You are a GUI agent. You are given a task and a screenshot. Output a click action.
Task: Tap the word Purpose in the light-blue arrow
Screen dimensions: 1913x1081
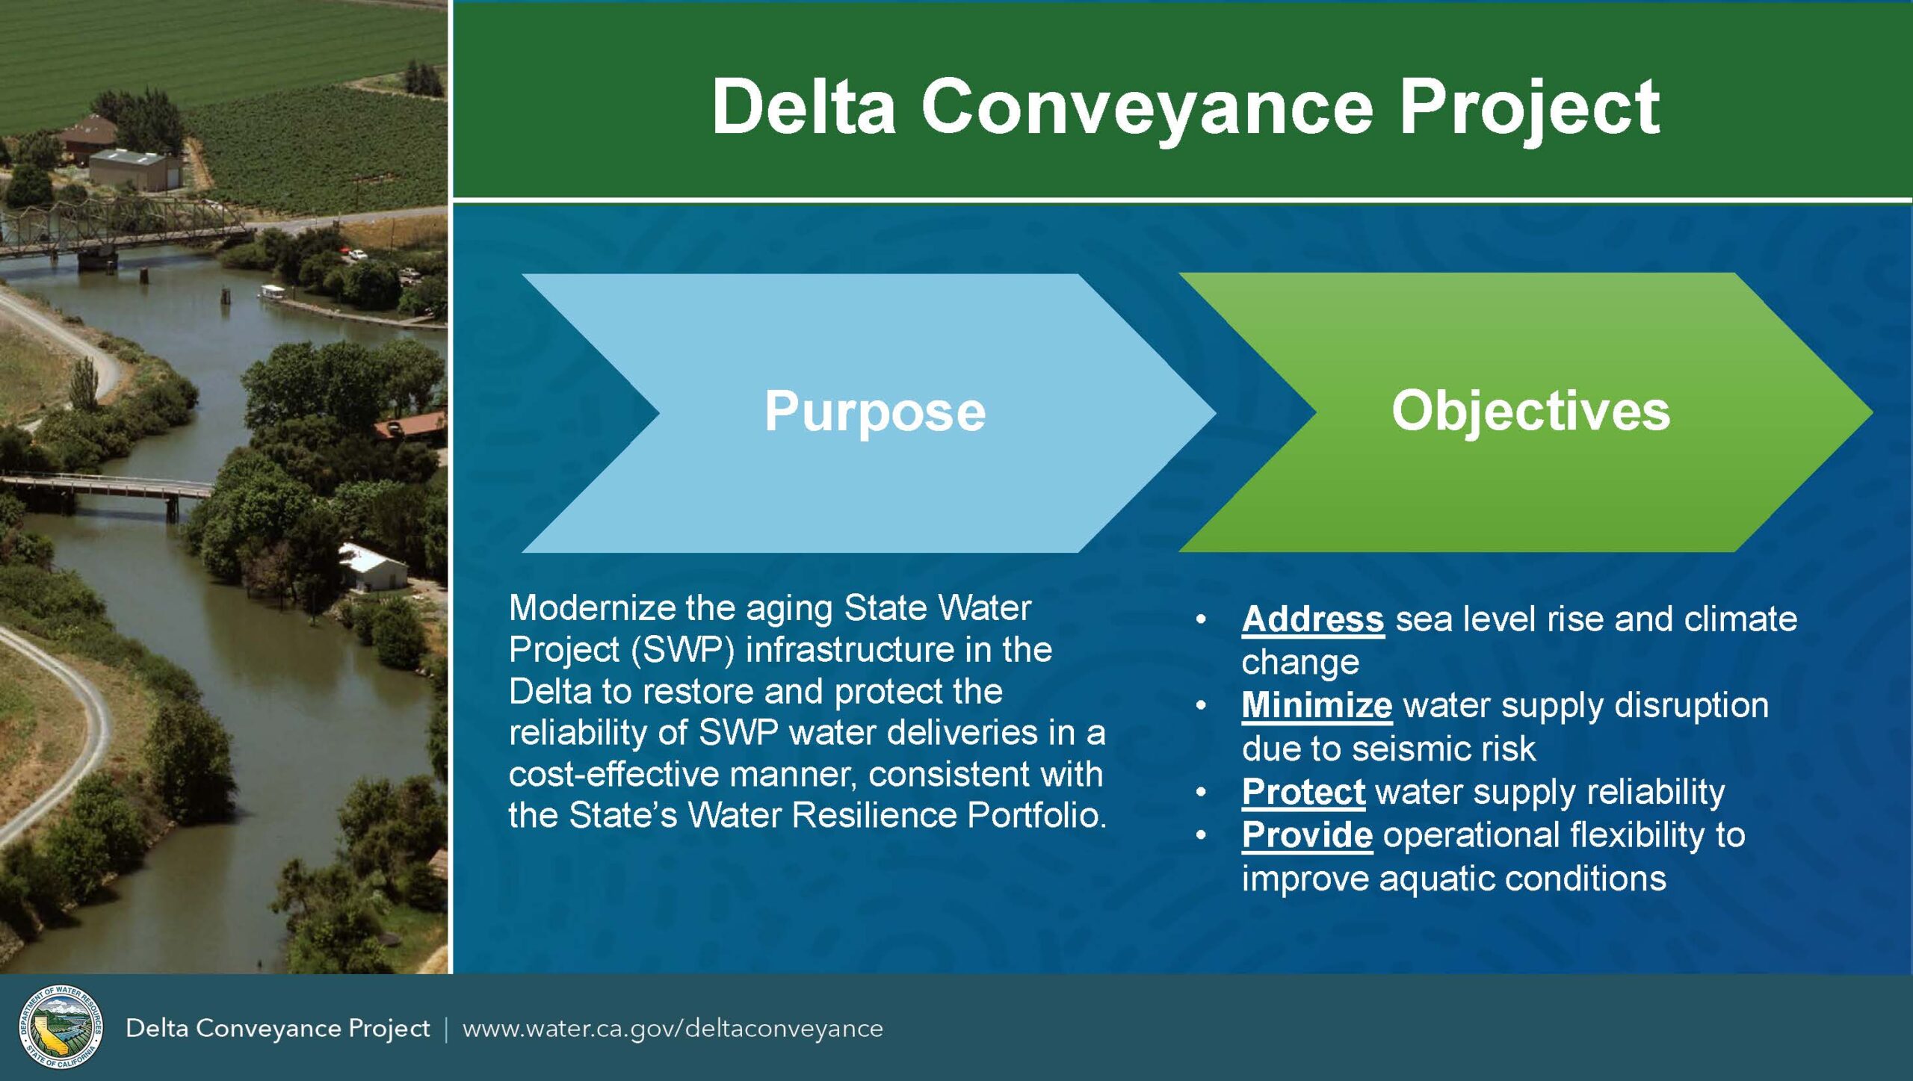875,412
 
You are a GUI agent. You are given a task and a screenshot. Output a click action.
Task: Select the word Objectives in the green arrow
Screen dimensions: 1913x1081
1530,412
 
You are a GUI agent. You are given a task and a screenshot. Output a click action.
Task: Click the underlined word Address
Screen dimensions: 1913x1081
1313,620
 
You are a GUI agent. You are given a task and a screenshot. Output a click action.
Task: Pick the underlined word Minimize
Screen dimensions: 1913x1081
1317,706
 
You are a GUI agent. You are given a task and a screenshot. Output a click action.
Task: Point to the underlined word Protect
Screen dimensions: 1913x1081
1303,793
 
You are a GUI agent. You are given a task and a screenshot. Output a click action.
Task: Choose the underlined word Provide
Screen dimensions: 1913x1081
1307,835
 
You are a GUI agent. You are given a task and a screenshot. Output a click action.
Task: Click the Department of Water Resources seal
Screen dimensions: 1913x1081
61,1026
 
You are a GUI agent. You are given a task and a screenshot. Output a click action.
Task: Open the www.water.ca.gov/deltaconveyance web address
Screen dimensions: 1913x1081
673,1029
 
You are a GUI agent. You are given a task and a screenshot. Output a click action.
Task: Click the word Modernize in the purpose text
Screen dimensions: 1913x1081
593,608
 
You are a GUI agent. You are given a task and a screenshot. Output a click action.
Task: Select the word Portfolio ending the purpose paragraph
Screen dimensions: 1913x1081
1037,815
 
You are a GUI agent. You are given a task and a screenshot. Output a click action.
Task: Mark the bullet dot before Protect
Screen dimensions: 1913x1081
1201,793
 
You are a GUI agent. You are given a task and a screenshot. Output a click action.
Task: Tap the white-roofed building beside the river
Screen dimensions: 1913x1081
374,568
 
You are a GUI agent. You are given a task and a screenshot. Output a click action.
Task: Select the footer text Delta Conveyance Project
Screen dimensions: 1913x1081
277,1029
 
